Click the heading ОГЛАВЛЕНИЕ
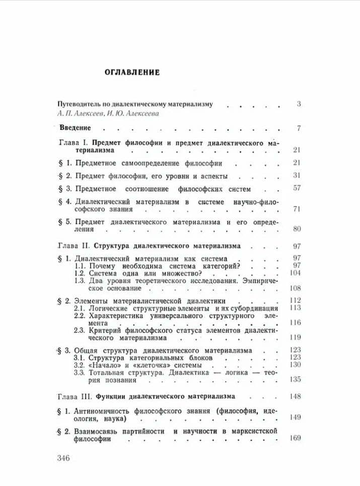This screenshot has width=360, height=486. click(x=132, y=72)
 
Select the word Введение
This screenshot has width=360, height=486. click(x=75, y=128)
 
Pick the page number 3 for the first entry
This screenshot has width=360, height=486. click(x=299, y=104)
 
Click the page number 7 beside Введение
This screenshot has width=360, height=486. click(x=299, y=128)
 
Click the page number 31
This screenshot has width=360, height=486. click(x=296, y=176)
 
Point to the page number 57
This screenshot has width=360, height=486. click(x=296, y=189)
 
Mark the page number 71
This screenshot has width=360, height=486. click(x=296, y=209)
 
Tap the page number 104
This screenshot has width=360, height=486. click(x=295, y=272)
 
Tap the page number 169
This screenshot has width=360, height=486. click(x=295, y=438)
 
